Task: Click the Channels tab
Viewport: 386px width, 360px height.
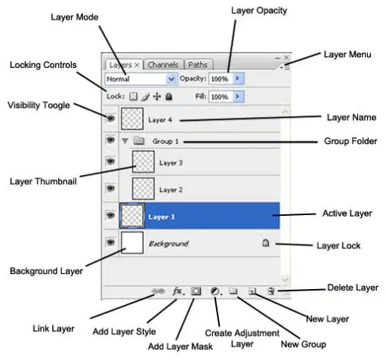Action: click(x=162, y=65)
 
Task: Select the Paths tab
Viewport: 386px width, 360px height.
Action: click(x=199, y=65)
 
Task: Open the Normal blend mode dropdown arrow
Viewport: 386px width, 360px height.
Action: click(x=171, y=79)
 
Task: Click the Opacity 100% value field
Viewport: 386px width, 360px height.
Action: click(x=221, y=79)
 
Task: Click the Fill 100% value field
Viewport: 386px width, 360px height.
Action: click(x=221, y=97)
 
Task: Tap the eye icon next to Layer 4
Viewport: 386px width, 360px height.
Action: click(x=110, y=118)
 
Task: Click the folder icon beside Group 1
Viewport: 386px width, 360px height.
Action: click(x=139, y=140)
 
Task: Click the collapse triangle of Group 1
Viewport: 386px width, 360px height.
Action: click(x=125, y=141)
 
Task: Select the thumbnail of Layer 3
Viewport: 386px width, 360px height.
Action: click(x=144, y=162)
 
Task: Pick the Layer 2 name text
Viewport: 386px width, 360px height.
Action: click(x=171, y=189)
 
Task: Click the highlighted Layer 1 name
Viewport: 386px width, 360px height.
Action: click(x=162, y=217)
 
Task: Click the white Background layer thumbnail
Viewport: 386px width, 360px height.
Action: click(x=132, y=242)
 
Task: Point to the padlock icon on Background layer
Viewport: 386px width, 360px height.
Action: click(x=266, y=243)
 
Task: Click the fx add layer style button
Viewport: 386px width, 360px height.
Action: click(x=178, y=291)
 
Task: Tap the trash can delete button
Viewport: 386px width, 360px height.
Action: click(x=270, y=291)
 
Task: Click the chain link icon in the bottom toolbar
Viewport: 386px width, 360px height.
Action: click(x=158, y=291)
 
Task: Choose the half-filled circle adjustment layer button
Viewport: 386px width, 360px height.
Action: click(x=215, y=291)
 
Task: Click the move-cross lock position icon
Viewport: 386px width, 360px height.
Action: click(x=157, y=97)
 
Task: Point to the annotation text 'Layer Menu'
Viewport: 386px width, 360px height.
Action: click(x=347, y=54)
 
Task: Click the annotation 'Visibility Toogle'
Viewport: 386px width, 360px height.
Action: click(x=39, y=105)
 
